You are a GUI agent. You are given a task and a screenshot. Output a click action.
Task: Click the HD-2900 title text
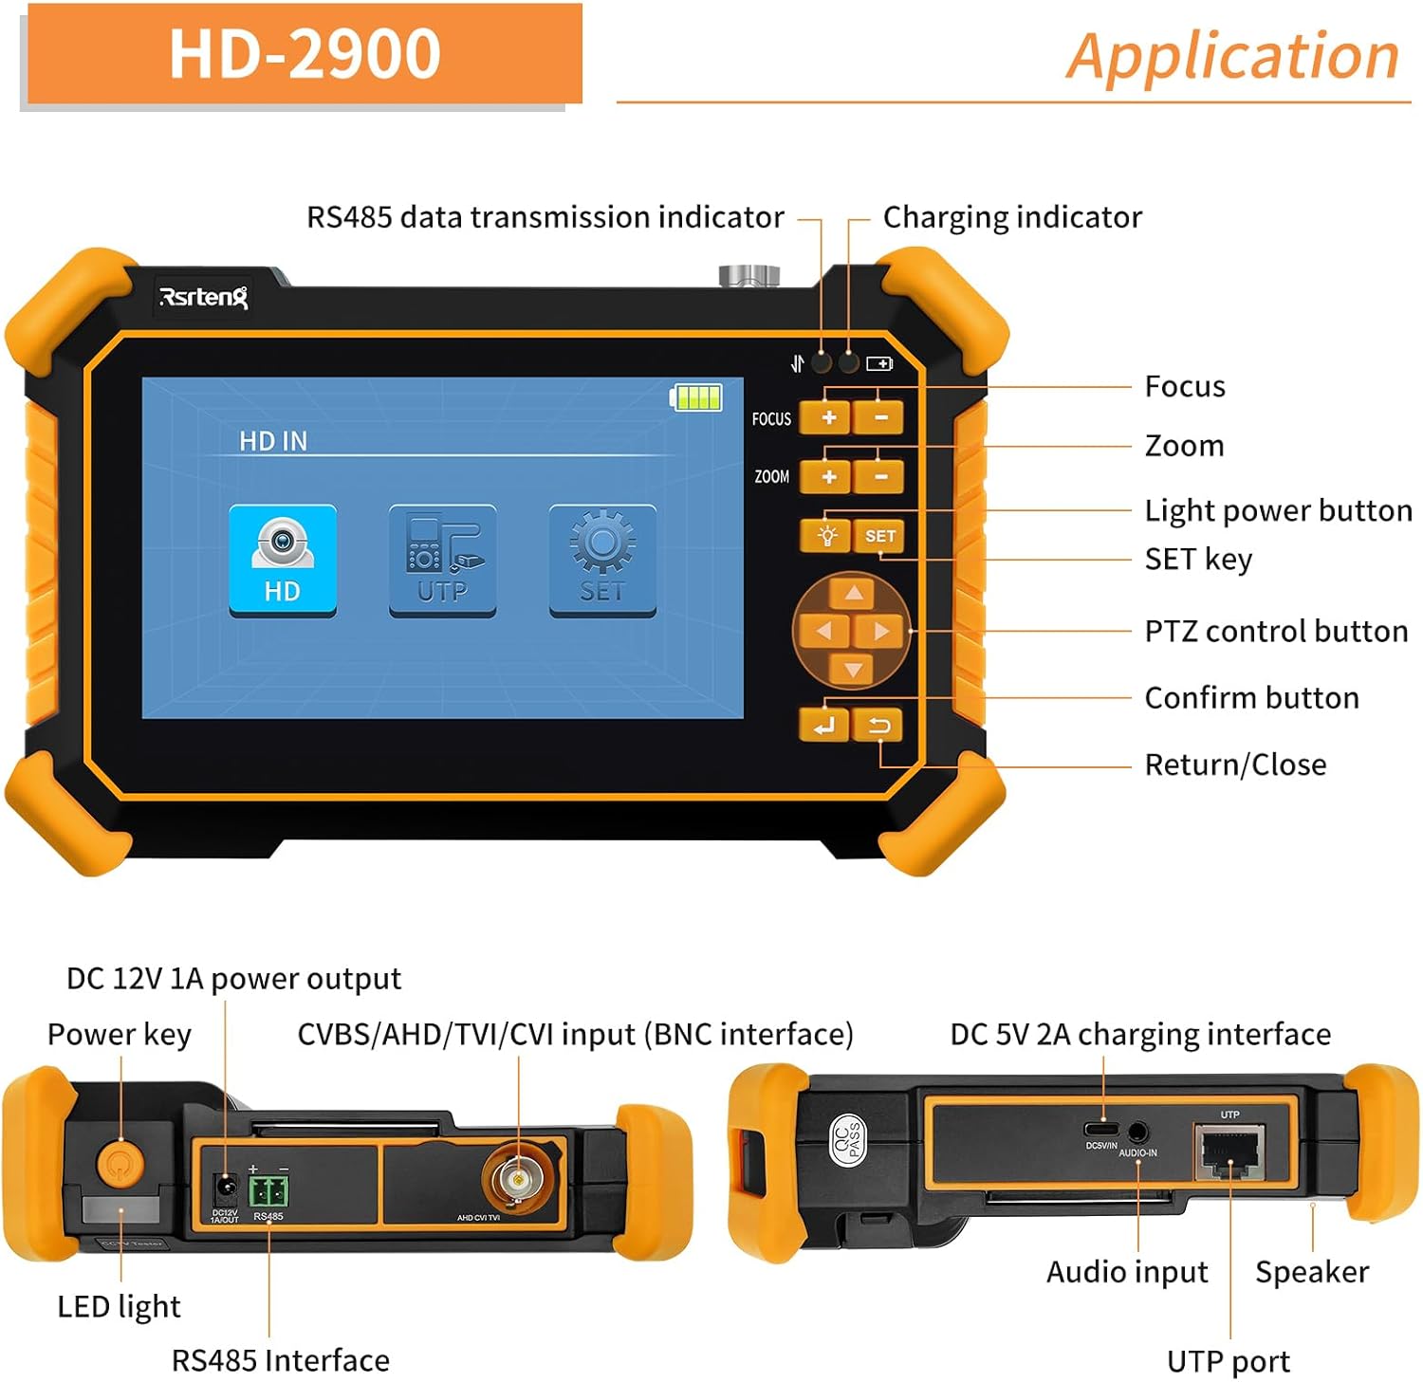[x=304, y=53]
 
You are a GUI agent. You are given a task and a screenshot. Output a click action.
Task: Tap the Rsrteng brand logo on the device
[x=203, y=297]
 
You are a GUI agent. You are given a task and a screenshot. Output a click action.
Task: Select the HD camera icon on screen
[x=283, y=561]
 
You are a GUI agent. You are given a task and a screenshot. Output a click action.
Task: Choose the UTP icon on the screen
[x=442, y=561]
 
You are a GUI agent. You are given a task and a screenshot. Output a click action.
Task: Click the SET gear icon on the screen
[x=602, y=561]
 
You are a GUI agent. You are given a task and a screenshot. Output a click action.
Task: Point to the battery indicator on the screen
[x=696, y=397]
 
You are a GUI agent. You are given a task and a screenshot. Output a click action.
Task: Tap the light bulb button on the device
[x=826, y=536]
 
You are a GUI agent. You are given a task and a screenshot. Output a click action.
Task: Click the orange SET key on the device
[x=879, y=536]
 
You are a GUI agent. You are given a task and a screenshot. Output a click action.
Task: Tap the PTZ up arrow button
[x=853, y=594]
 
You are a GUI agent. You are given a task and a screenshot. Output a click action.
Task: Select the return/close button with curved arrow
[x=879, y=727]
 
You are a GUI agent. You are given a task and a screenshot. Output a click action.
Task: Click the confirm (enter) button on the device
[x=823, y=727]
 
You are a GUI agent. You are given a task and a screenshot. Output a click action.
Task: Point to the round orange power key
[x=120, y=1162]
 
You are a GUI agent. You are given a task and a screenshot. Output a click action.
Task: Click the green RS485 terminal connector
[x=268, y=1189]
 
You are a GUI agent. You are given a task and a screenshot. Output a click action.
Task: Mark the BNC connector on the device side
[x=518, y=1179]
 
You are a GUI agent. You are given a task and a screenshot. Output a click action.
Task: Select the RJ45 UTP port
[x=1229, y=1152]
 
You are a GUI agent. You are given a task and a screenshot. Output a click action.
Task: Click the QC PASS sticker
[x=847, y=1139]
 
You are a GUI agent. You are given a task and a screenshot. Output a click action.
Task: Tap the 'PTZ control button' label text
[x=1276, y=631]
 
